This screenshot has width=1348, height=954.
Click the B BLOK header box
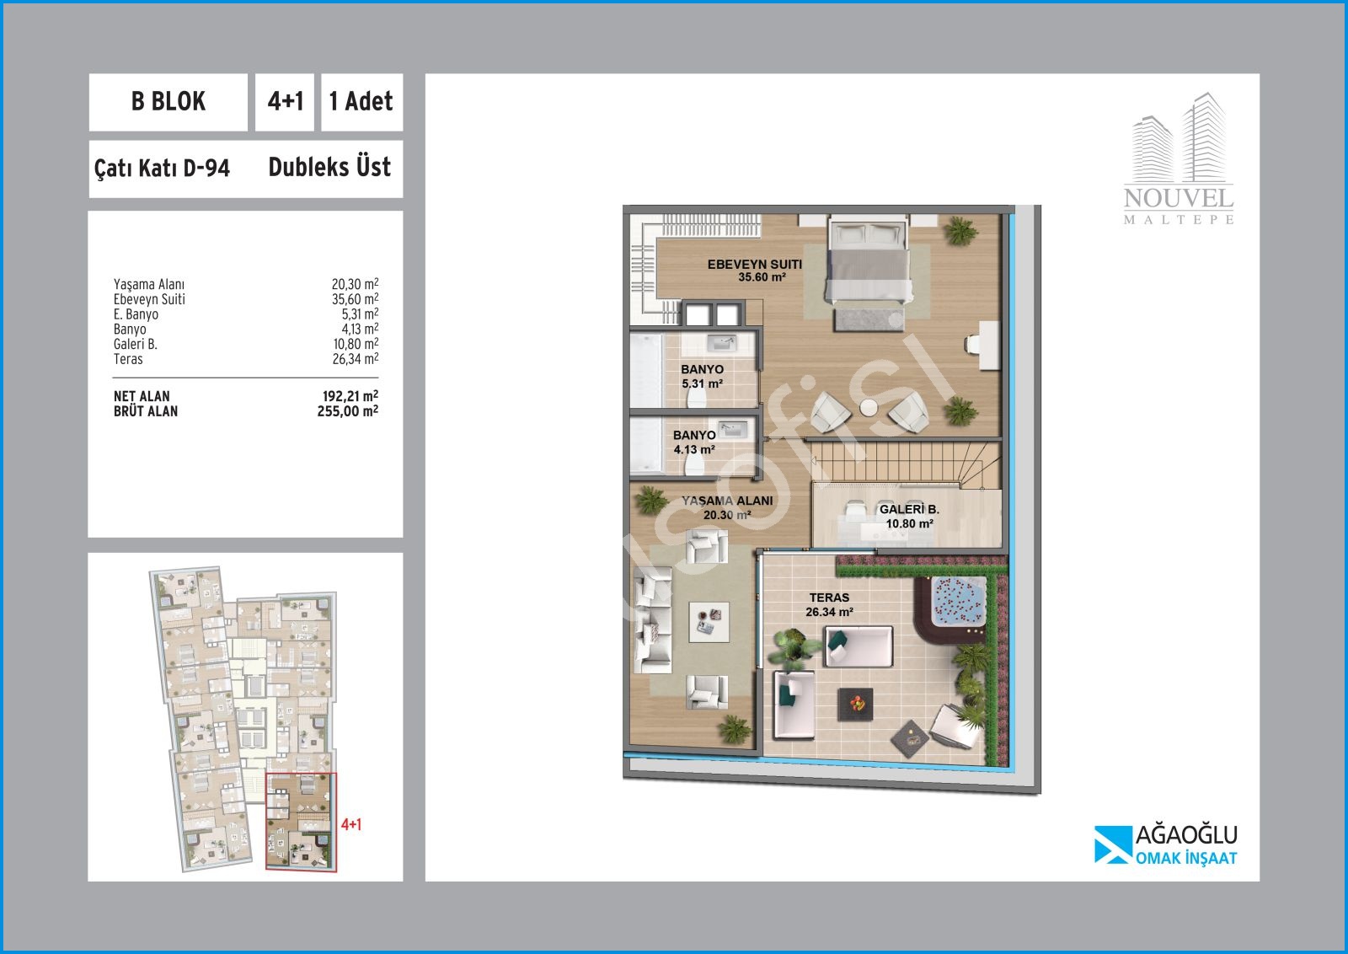(x=168, y=102)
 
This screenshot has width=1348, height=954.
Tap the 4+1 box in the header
(x=285, y=102)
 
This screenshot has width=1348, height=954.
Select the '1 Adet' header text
(x=361, y=101)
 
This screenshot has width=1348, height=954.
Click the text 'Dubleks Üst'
(x=329, y=167)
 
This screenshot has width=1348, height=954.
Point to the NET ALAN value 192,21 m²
(x=350, y=396)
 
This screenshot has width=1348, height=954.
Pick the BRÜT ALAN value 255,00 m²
(x=348, y=411)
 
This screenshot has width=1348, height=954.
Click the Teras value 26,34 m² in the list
(x=355, y=359)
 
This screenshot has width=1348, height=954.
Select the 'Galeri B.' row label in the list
(x=136, y=344)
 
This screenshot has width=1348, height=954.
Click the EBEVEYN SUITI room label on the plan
(x=755, y=271)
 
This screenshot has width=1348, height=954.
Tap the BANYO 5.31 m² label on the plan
(x=703, y=376)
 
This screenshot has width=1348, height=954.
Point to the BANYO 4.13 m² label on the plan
(x=694, y=442)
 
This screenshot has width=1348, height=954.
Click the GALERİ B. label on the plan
(x=909, y=517)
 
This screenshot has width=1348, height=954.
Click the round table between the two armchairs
(x=869, y=408)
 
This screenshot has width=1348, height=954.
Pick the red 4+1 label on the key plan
(x=351, y=824)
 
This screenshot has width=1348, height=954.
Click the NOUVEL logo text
(x=1179, y=198)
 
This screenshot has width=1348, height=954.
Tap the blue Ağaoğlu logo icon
(x=1113, y=844)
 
